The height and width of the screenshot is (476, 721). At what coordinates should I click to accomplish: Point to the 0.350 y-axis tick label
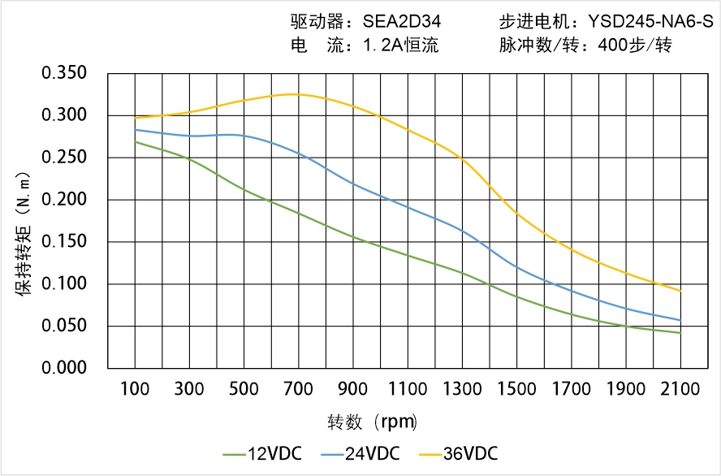64,73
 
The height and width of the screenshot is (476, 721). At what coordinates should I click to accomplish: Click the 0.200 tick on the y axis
64,200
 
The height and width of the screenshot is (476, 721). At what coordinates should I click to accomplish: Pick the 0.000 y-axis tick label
64,368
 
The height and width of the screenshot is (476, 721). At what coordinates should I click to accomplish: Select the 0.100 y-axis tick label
64,284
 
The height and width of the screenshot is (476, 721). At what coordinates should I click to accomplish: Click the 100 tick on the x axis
135,389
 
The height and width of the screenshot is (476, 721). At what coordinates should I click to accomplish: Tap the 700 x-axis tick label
299,389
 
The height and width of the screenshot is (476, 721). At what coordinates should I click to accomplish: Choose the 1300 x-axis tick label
462,389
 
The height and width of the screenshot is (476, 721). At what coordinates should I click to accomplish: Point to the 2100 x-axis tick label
680,389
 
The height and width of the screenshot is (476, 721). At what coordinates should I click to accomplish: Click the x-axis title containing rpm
373,422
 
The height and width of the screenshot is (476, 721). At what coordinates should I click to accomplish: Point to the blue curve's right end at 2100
680,320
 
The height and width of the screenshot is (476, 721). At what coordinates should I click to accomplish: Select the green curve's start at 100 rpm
135,142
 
